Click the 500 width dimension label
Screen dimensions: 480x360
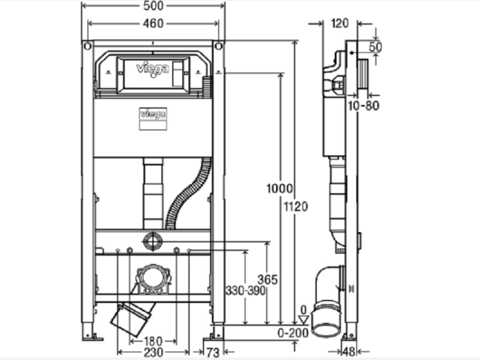(x=154, y=6)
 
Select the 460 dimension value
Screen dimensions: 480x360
(x=154, y=24)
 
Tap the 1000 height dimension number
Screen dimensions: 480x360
(x=280, y=189)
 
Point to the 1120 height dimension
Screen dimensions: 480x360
(x=296, y=207)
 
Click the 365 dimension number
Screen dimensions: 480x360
(x=268, y=279)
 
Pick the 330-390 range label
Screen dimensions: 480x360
(x=246, y=290)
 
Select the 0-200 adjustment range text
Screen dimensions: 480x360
(x=293, y=333)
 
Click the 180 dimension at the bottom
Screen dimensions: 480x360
(x=153, y=341)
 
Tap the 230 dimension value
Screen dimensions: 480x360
(x=154, y=352)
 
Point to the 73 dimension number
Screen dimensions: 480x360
(x=212, y=353)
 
